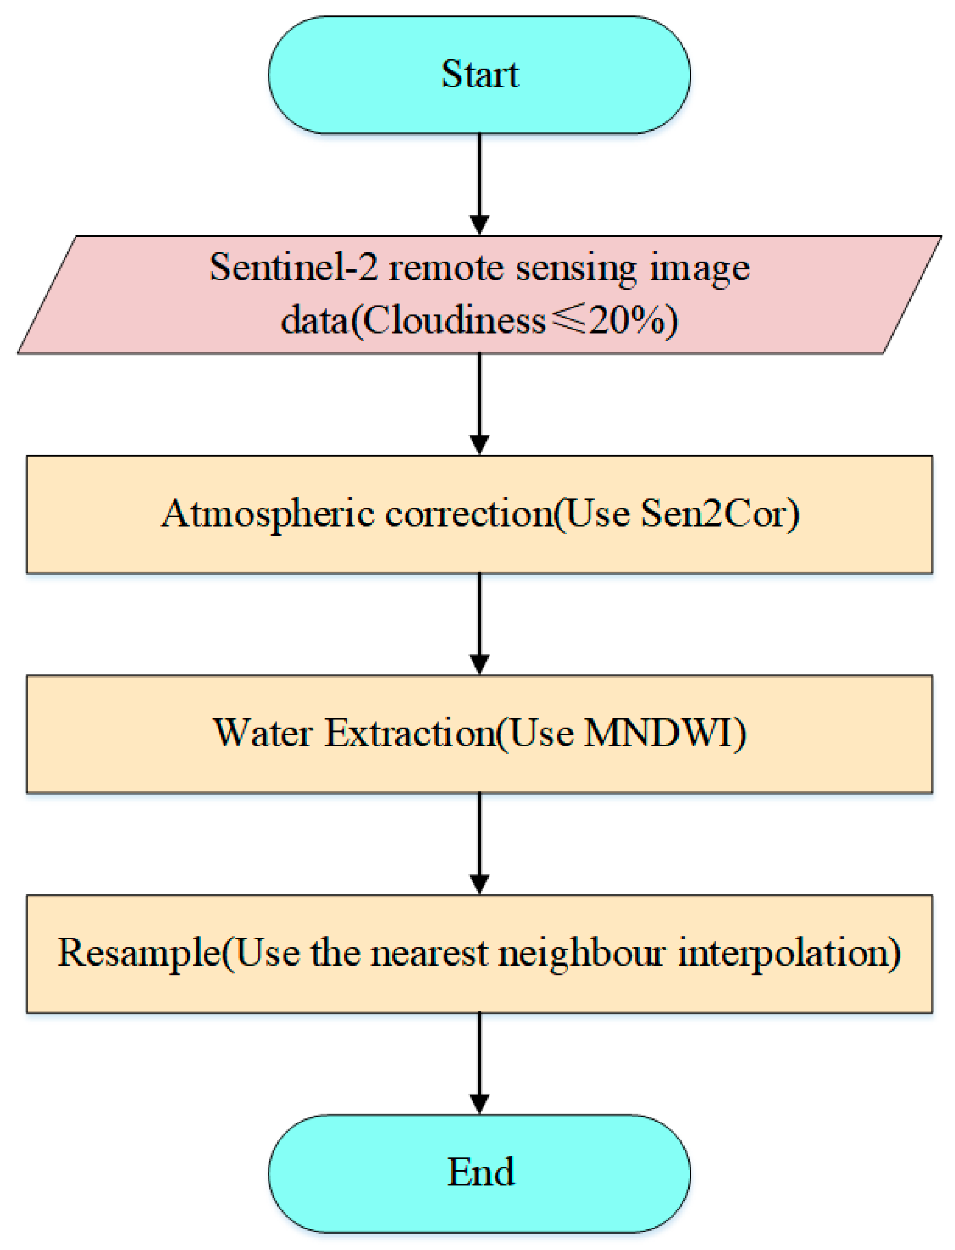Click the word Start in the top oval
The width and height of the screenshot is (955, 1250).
[480, 75]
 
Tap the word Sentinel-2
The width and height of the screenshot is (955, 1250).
[293, 267]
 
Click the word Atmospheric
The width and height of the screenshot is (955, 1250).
[268, 514]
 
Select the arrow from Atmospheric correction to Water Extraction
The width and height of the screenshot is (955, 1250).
[480, 623]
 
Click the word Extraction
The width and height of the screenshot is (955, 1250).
[410, 733]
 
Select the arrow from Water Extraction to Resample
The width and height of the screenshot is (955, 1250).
[480, 842]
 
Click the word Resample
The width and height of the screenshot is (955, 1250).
[139, 953]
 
